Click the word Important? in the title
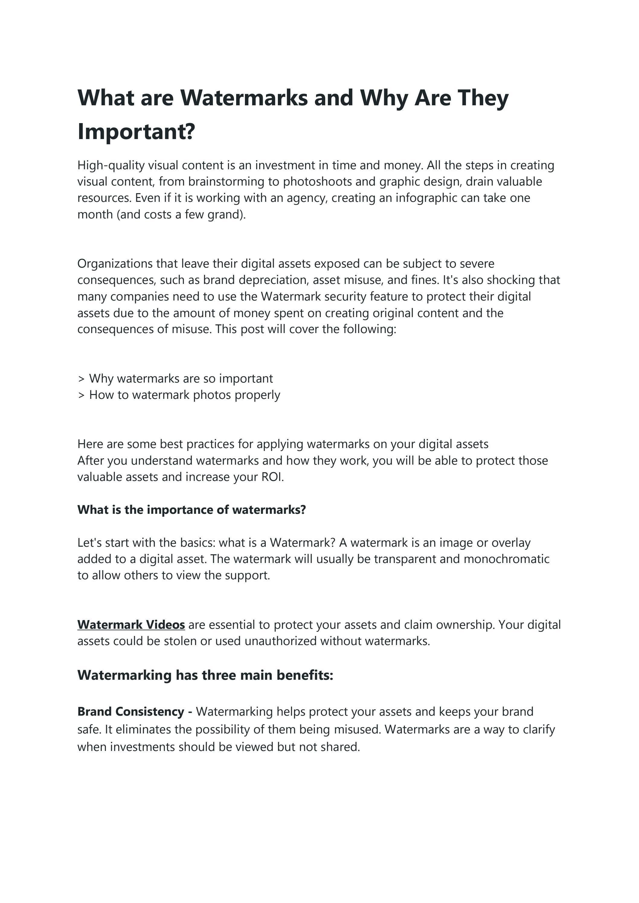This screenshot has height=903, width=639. (x=136, y=132)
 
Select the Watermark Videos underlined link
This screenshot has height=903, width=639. (x=131, y=625)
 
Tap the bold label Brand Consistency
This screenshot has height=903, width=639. (x=131, y=711)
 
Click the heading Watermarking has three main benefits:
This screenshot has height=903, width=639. (x=205, y=675)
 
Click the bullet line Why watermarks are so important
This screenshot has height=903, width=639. (x=180, y=378)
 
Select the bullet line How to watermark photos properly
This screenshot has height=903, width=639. (x=184, y=395)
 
